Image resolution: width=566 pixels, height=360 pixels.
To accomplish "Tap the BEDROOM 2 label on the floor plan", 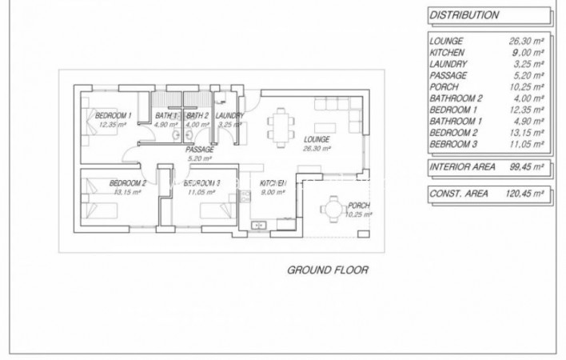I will (x=126, y=183).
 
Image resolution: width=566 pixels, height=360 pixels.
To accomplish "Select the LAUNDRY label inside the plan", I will (x=230, y=116).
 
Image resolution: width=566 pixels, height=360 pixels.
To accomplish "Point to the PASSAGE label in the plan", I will (x=198, y=150).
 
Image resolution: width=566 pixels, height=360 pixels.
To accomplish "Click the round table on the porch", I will (x=331, y=209).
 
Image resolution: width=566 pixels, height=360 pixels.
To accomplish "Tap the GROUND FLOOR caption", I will (x=328, y=270).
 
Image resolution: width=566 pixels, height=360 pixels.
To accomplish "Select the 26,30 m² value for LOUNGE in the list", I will (x=527, y=41).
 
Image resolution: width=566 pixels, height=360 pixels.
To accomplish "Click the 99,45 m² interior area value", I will (x=527, y=168).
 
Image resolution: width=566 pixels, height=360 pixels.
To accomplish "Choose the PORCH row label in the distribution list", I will (x=444, y=87).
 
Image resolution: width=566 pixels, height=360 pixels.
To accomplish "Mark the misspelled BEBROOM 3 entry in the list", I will (x=453, y=143).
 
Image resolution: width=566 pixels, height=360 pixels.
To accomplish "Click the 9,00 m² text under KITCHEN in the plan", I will (x=272, y=192).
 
